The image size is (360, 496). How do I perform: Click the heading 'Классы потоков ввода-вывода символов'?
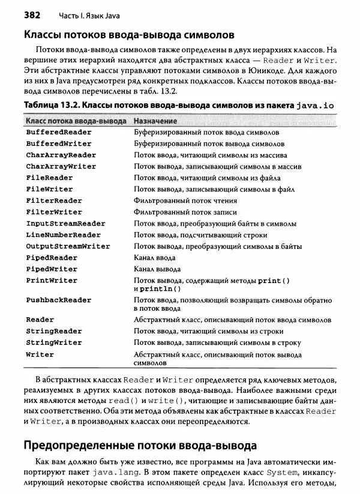pos(124,35)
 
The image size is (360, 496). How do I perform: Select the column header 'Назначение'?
pos(153,121)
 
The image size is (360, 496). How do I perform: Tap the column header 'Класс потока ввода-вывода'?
pos(76,121)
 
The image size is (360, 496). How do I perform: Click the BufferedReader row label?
pos(59,132)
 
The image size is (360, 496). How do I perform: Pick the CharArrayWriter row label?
pos(61,166)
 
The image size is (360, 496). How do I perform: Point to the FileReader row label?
pos(49,178)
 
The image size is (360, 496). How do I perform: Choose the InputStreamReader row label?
pos(65,223)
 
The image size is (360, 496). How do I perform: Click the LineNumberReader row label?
pos(64,235)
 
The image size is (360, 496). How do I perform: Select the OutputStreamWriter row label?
pos(68,246)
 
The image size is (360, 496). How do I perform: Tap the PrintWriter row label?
pos(52,280)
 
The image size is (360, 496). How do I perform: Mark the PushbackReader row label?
pos(59,299)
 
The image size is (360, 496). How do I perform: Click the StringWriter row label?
pos(54,342)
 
